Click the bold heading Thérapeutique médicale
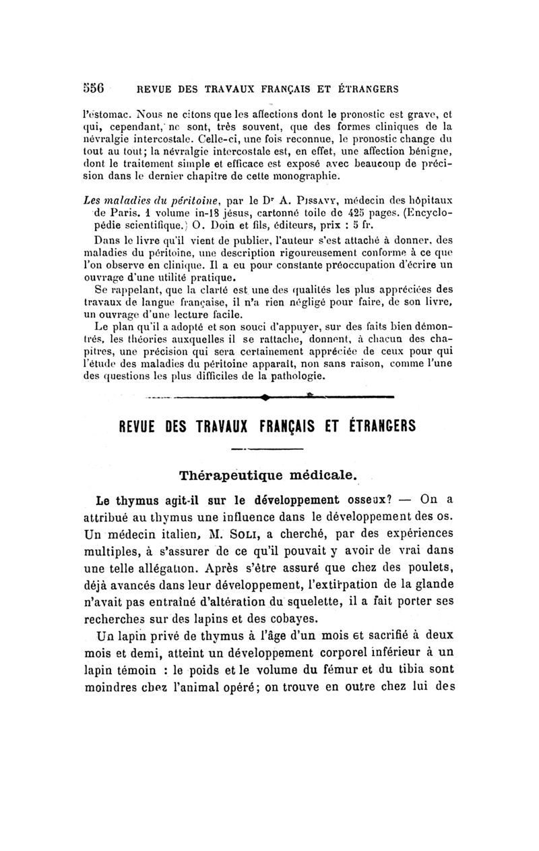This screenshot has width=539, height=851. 267,475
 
